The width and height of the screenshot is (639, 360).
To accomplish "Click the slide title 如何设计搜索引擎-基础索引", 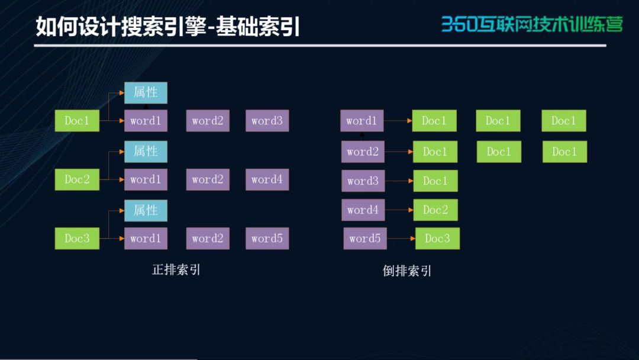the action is point(167,27).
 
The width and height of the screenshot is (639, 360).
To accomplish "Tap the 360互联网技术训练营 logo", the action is point(532,24).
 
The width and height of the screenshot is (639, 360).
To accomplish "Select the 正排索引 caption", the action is point(176,269).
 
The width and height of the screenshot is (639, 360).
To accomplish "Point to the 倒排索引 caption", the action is point(406,271).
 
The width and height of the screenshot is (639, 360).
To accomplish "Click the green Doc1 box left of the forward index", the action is point(77,121).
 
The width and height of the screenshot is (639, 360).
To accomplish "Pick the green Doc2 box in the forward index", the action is point(77,179).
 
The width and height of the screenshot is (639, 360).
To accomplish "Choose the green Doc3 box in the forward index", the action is point(77,238).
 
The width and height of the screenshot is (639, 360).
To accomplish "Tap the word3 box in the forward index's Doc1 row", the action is point(267,121).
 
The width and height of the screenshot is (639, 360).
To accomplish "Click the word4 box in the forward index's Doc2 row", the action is point(267,179).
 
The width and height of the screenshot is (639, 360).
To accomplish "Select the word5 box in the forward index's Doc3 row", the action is point(267,238).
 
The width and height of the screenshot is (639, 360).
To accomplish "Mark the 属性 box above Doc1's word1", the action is point(146,92).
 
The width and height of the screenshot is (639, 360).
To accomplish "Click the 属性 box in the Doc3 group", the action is point(146,210).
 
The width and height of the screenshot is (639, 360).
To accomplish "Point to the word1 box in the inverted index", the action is point(362,121).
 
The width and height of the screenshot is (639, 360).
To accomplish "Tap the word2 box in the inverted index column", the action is point(363,152).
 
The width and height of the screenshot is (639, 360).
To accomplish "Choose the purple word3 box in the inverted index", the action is point(363,181).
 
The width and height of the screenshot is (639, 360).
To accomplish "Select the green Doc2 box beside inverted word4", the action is point(435,210).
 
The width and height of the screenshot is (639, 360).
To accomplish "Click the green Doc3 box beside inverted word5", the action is point(437,239).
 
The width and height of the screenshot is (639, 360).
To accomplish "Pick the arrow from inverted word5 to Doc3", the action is point(401,239).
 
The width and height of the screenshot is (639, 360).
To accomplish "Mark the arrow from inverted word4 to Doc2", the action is point(399,210).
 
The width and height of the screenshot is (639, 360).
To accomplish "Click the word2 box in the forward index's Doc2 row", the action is point(208,179).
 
